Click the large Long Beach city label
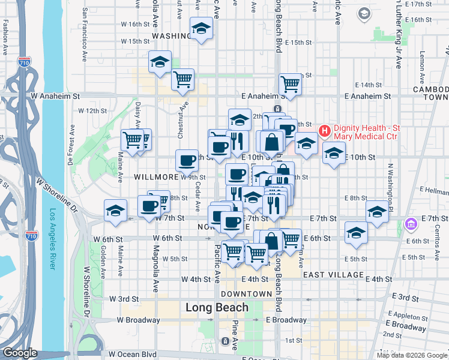pyautogui.click(x=217, y=308)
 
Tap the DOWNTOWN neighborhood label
pyautogui.click(x=246, y=294)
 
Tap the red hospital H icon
pyautogui.click(x=325, y=130)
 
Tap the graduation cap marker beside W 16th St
pyautogui.click(x=201, y=28)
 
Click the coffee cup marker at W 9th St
pyautogui.click(x=187, y=161)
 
